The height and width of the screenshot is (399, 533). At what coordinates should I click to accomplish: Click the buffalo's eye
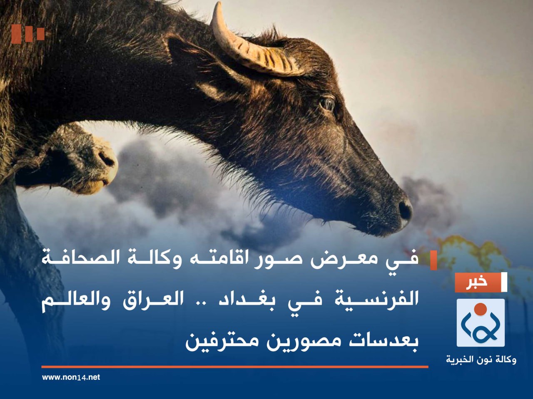[x=327, y=103]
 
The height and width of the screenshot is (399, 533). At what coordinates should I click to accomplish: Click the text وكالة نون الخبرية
[x=481, y=359]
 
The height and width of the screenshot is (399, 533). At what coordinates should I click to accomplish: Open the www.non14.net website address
[x=71, y=377]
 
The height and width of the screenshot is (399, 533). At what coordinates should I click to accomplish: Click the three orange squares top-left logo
[x=28, y=34]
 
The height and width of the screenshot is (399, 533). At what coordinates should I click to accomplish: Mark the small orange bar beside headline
[x=433, y=260]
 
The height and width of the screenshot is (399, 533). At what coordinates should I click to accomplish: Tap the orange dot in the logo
[x=481, y=308]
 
